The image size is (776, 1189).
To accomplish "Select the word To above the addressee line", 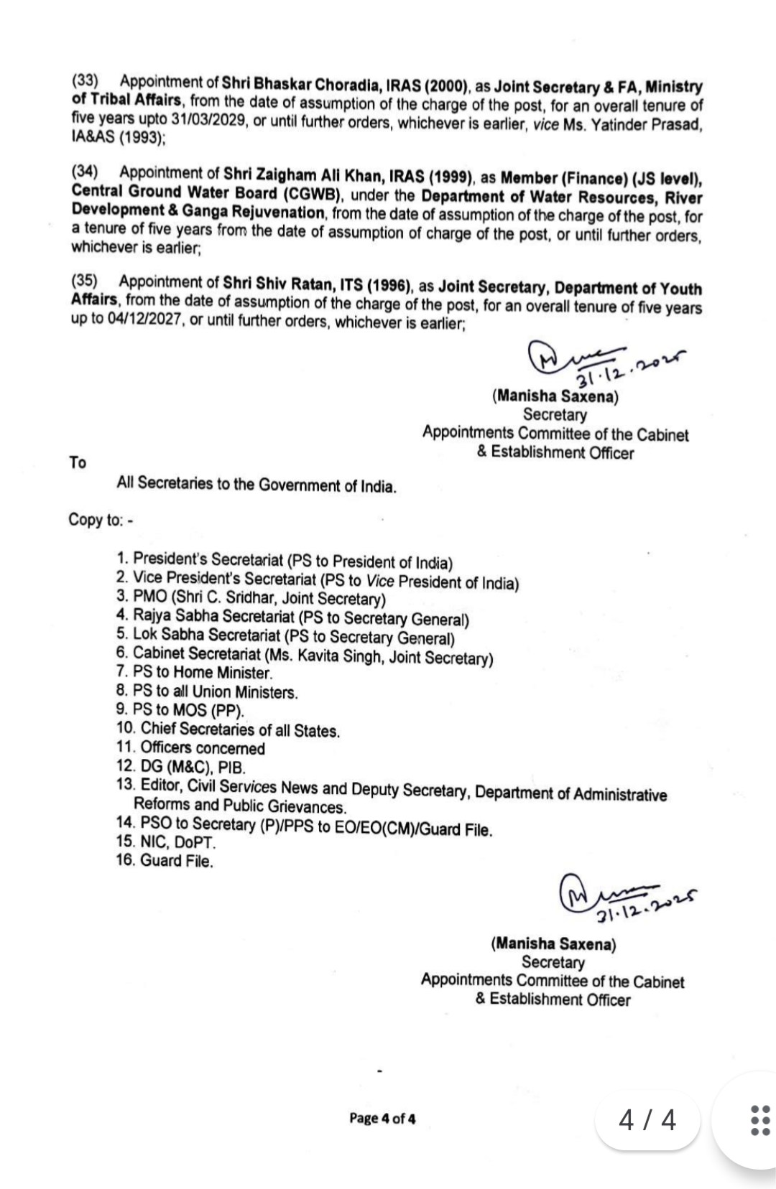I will coord(78,463).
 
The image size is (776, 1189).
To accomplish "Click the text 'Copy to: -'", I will coord(101,519).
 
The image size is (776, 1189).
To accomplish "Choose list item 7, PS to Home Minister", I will coord(203,673).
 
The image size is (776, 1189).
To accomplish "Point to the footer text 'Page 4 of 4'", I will coord(382,1118).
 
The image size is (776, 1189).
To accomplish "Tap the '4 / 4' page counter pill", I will coord(647,1120).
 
